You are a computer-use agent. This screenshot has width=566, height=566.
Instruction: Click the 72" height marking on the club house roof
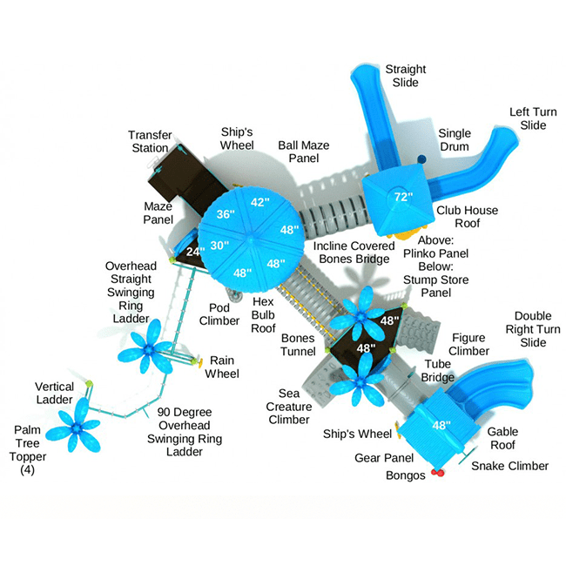pos(401,197)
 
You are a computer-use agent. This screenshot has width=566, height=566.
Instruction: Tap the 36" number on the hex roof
pos(226,214)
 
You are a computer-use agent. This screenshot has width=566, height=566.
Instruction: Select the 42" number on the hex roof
pos(259,202)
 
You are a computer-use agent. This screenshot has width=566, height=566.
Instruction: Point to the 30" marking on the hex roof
pos(219,245)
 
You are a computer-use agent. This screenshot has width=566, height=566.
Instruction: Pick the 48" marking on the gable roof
pos(442,426)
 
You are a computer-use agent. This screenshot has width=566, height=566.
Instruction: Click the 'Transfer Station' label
pos(149,141)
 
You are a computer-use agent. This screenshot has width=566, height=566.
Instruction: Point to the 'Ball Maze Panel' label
pos(303,152)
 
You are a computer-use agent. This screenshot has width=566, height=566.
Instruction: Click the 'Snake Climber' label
pos(510,466)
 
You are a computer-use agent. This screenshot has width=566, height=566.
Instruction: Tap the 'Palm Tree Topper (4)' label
pos(33,449)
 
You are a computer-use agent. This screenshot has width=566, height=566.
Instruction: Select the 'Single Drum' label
pos(454,139)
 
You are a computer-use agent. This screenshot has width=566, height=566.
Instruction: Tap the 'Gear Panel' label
pos(378,457)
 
